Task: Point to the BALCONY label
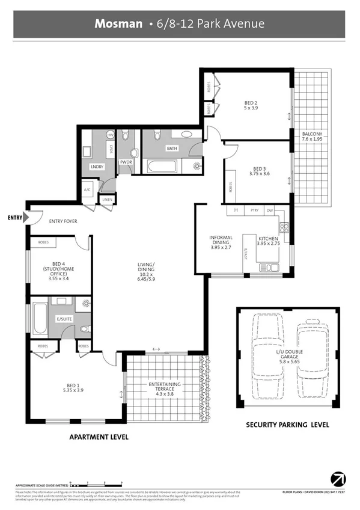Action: point(313,134)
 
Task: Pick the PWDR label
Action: point(126,162)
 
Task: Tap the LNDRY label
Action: point(97,166)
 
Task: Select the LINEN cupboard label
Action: point(108,199)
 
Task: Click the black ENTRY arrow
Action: point(25,218)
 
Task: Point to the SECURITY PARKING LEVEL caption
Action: point(287,425)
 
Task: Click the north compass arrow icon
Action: point(338,479)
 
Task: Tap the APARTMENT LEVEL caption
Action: point(99,437)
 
